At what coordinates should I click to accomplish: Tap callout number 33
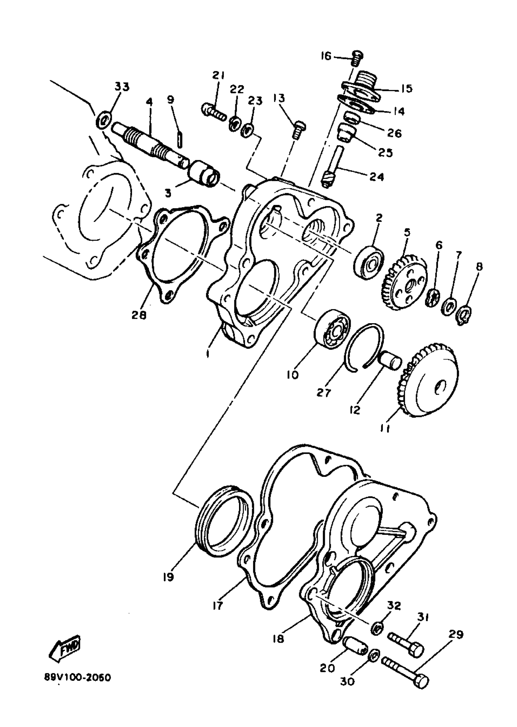(x=122, y=87)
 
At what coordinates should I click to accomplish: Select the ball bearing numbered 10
(x=332, y=328)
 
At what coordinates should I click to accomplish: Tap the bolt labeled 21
(x=213, y=111)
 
